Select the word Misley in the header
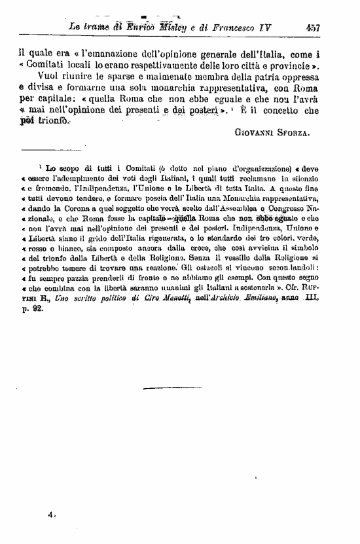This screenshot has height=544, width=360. [166, 27]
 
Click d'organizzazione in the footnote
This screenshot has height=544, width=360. [234, 168]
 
